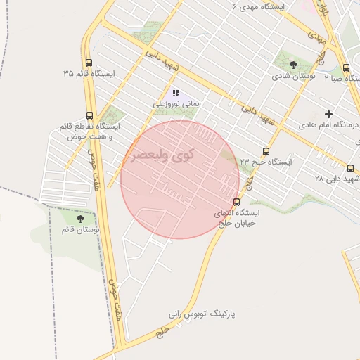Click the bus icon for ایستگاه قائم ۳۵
(x=89, y=62)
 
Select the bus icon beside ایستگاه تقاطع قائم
(x=89, y=116)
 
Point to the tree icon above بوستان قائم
(x=86, y=219)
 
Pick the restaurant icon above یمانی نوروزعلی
(x=176, y=93)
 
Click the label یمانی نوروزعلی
(x=177, y=104)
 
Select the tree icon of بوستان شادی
(x=293, y=65)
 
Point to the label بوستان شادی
(x=293, y=76)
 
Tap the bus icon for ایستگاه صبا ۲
(x=346, y=68)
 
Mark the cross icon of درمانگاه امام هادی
(x=328, y=114)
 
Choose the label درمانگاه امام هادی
(x=328, y=125)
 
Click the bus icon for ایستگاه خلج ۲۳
(x=265, y=150)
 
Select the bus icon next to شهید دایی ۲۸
(x=351, y=168)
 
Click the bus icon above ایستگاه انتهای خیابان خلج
(x=236, y=200)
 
